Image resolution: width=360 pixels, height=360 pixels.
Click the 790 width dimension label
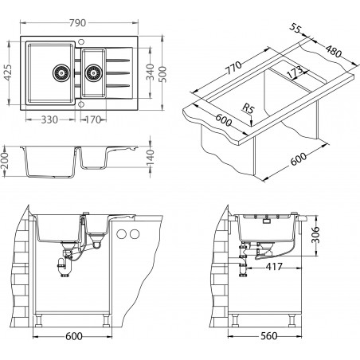click(77, 23)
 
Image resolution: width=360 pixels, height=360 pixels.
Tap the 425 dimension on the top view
click(9, 72)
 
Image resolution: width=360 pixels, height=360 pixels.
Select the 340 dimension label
click(151, 72)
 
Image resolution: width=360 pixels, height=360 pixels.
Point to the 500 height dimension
click(163, 74)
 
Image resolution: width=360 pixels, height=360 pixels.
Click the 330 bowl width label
click(49, 119)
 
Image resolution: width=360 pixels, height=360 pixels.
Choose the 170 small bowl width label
click(92, 119)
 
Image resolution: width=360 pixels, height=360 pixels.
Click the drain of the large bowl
click(61, 72)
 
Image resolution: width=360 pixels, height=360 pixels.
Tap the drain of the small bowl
click(93, 72)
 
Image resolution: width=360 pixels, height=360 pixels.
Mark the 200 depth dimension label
click(6, 161)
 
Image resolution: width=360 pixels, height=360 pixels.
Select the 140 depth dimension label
click(151, 158)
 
